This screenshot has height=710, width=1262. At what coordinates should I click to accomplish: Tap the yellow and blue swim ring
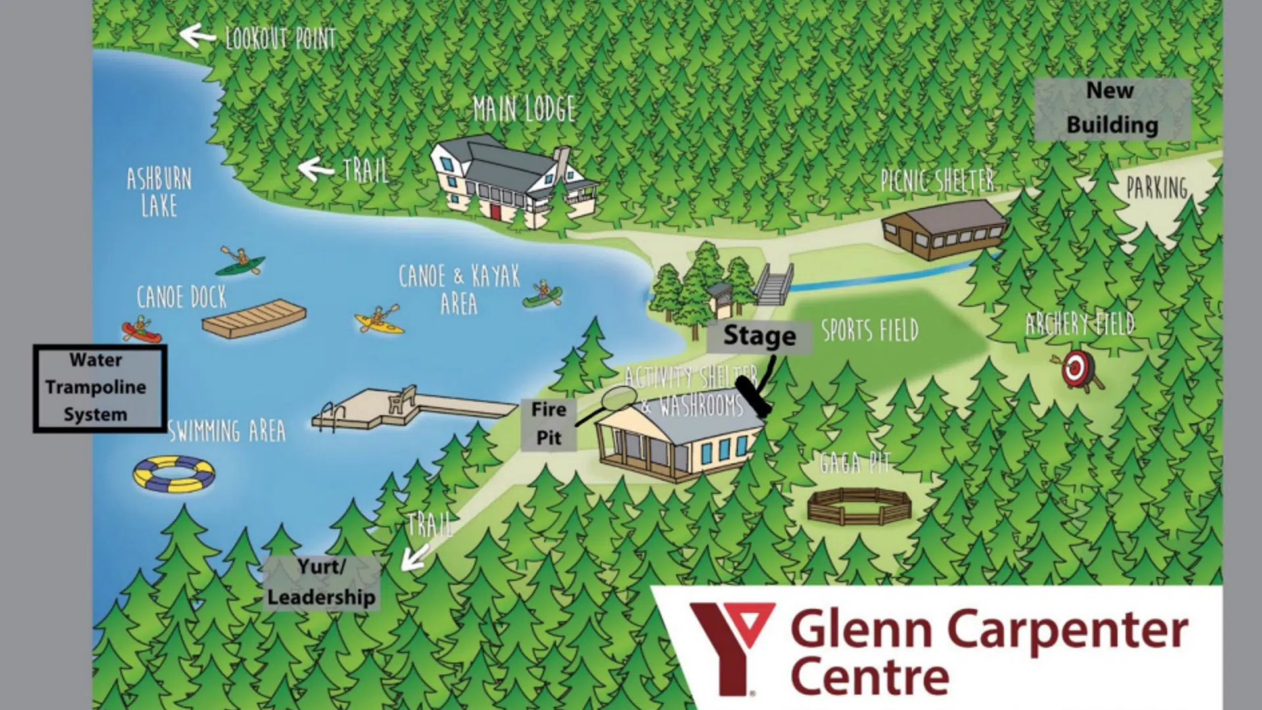[x=174, y=473]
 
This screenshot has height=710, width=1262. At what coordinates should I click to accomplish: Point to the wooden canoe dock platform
[x=254, y=318]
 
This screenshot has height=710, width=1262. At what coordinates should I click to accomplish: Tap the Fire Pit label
[x=549, y=423]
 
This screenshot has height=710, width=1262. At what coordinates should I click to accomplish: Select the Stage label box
[x=759, y=337]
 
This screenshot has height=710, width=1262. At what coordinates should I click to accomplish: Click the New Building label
[x=1111, y=108]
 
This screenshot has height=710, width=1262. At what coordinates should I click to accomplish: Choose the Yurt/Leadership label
[x=321, y=582]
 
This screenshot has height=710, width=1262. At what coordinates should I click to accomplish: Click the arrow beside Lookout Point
[x=197, y=35]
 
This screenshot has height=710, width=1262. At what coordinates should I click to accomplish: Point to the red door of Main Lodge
[x=495, y=210]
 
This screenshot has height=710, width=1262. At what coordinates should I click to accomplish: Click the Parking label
[x=1157, y=188]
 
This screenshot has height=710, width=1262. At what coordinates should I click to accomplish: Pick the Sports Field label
[x=870, y=331]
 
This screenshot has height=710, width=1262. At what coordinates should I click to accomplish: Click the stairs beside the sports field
[x=774, y=285]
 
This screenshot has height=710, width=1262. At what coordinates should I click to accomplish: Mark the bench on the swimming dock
[x=401, y=398]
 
